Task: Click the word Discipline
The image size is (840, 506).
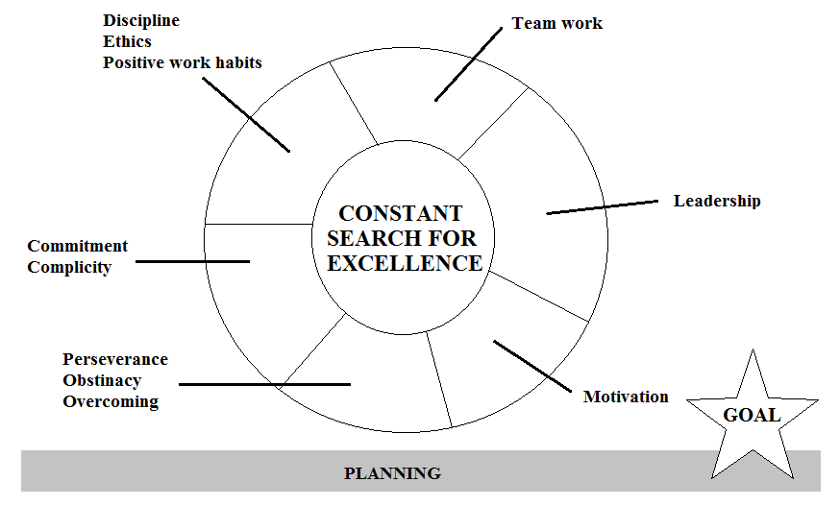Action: point(141,21)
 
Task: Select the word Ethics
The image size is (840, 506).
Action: point(128,41)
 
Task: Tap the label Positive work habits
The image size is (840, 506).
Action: point(183,62)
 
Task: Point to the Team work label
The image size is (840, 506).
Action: point(557,23)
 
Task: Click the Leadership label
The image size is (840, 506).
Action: point(717,201)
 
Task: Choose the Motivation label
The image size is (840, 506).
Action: point(626,397)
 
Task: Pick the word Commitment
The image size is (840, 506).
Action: point(78,246)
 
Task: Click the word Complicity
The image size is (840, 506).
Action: point(69,267)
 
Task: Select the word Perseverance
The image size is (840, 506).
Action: point(115,359)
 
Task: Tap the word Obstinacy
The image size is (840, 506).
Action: point(102,381)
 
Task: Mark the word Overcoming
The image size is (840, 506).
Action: point(111,401)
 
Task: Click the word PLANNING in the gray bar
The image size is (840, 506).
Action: point(393,473)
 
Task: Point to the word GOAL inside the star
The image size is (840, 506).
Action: point(753,416)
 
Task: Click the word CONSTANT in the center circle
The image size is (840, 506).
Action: point(400,214)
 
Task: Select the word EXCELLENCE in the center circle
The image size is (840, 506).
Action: point(405,263)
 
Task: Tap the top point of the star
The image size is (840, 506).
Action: point(753,349)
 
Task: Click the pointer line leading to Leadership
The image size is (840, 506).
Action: point(603,207)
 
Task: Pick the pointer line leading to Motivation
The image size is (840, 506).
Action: point(532,366)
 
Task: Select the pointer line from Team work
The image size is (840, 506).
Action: point(469,64)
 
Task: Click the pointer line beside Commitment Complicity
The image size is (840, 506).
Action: point(192,261)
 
